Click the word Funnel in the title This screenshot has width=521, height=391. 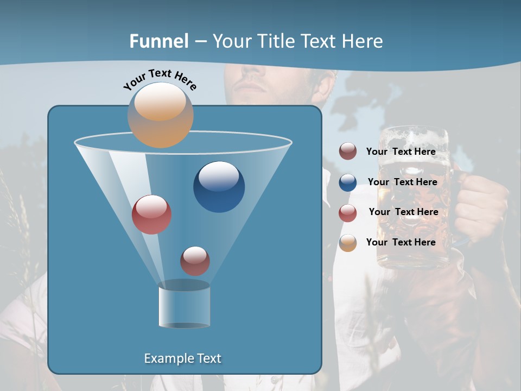[x=159, y=41]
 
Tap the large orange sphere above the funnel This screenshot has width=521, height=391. [x=160, y=115]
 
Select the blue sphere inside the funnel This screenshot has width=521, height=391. [x=219, y=187]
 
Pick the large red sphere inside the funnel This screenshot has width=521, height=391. [x=151, y=215]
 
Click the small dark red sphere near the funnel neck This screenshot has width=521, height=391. [x=195, y=261]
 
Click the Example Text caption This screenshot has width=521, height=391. [x=182, y=358]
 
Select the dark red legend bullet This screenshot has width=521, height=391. [x=348, y=152]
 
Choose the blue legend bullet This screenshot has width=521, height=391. [x=348, y=182]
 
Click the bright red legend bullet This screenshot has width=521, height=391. [x=348, y=213]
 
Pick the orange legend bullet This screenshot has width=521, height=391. [x=348, y=243]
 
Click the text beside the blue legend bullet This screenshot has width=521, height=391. [x=402, y=182]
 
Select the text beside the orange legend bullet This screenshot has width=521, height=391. [x=401, y=242]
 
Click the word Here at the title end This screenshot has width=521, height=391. [x=363, y=41]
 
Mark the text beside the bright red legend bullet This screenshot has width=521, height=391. [x=403, y=212]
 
